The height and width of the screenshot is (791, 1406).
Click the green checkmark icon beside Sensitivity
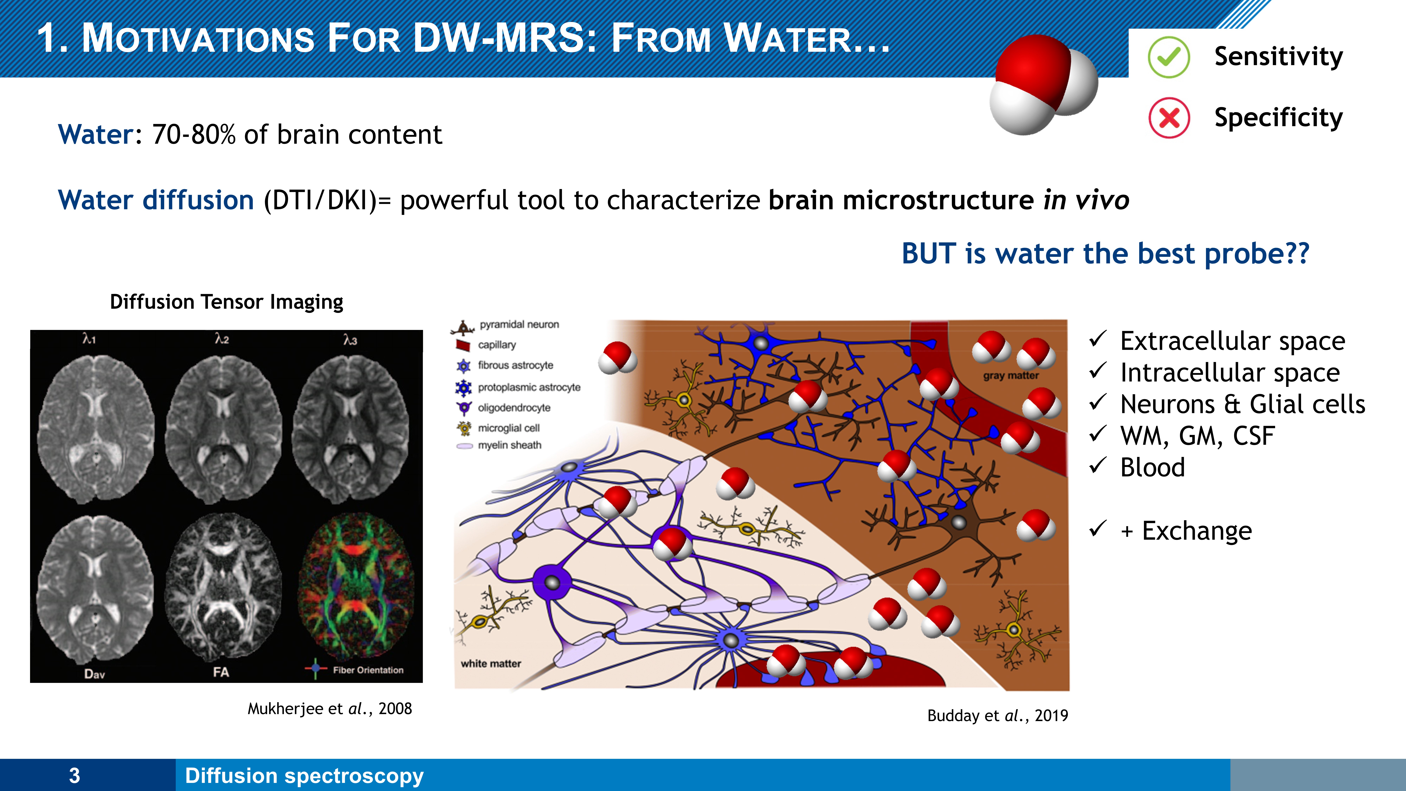tap(1169, 57)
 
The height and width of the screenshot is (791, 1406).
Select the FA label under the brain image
tap(221, 672)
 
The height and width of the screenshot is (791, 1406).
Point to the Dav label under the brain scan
tap(94, 674)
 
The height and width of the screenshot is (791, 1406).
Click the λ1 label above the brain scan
tap(89, 339)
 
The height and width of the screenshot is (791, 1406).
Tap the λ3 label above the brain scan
tap(350, 340)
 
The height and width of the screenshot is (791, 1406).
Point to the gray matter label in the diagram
tap(1011, 376)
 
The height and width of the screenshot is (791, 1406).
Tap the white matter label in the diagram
tap(491, 664)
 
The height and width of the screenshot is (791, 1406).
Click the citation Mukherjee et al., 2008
tap(330, 709)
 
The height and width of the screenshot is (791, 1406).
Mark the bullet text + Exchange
tap(1186, 531)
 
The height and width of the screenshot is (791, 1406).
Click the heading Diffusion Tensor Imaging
tap(227, 302)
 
